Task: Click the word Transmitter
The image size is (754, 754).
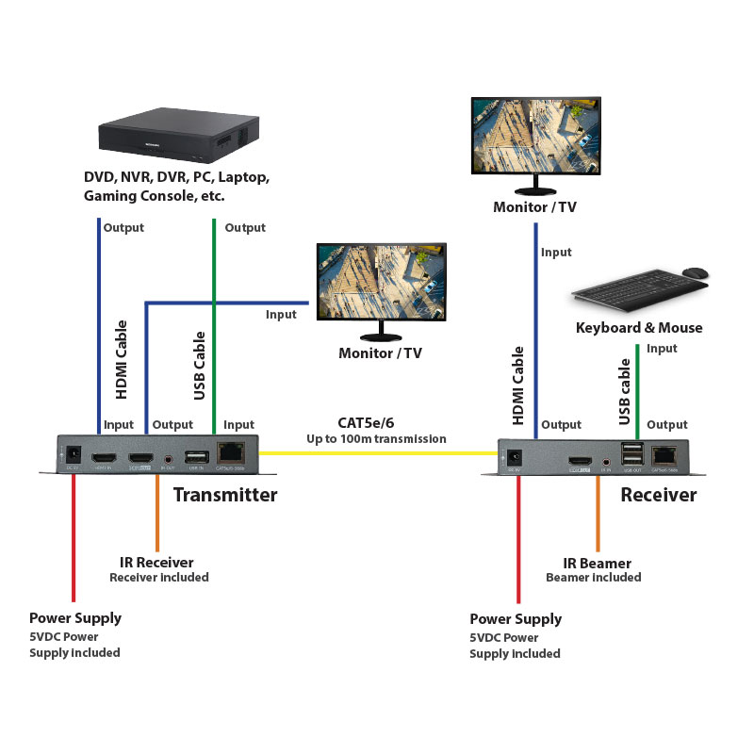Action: [225, 495]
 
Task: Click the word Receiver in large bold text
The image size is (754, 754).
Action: [659, 495]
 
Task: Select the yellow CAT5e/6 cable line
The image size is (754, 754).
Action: [377, 453]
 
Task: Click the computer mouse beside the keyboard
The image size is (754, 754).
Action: [695, 273]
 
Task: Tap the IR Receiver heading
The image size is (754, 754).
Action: [158, 562]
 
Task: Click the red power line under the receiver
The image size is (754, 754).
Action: [517, 537]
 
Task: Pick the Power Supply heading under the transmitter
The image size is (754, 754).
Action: [75, 618]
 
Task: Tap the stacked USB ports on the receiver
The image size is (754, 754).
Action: [631, 452]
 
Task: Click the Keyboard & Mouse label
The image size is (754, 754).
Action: [639, 328]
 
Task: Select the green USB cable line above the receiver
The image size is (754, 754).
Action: [638, 391]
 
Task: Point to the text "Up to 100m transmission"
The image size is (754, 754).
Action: [376, 439]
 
